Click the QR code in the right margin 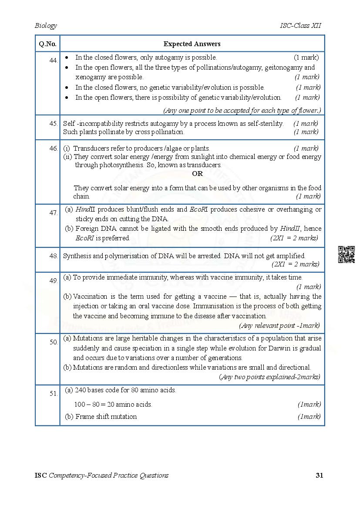(x=346, y=255)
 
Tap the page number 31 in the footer (x=319, y=475)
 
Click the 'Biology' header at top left (x=46, y=26)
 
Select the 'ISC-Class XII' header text (x=300, y=26)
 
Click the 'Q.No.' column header (x=47, y=44)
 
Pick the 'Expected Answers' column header (x=192, y=44)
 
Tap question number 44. (x=54, y=61)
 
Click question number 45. (x=54, y=124)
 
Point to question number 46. (x=54, y=148)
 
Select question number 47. (x=54, y=213)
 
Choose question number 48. (x=54, y=256)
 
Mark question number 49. (x=54, y=281)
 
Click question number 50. (x=54, y=342)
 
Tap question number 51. (x=54, y=394)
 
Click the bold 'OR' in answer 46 (x=197, y=174)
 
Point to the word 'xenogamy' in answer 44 (x=88, y=77)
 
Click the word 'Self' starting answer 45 (x=70, y=124)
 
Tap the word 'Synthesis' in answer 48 (x=77, y=256)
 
